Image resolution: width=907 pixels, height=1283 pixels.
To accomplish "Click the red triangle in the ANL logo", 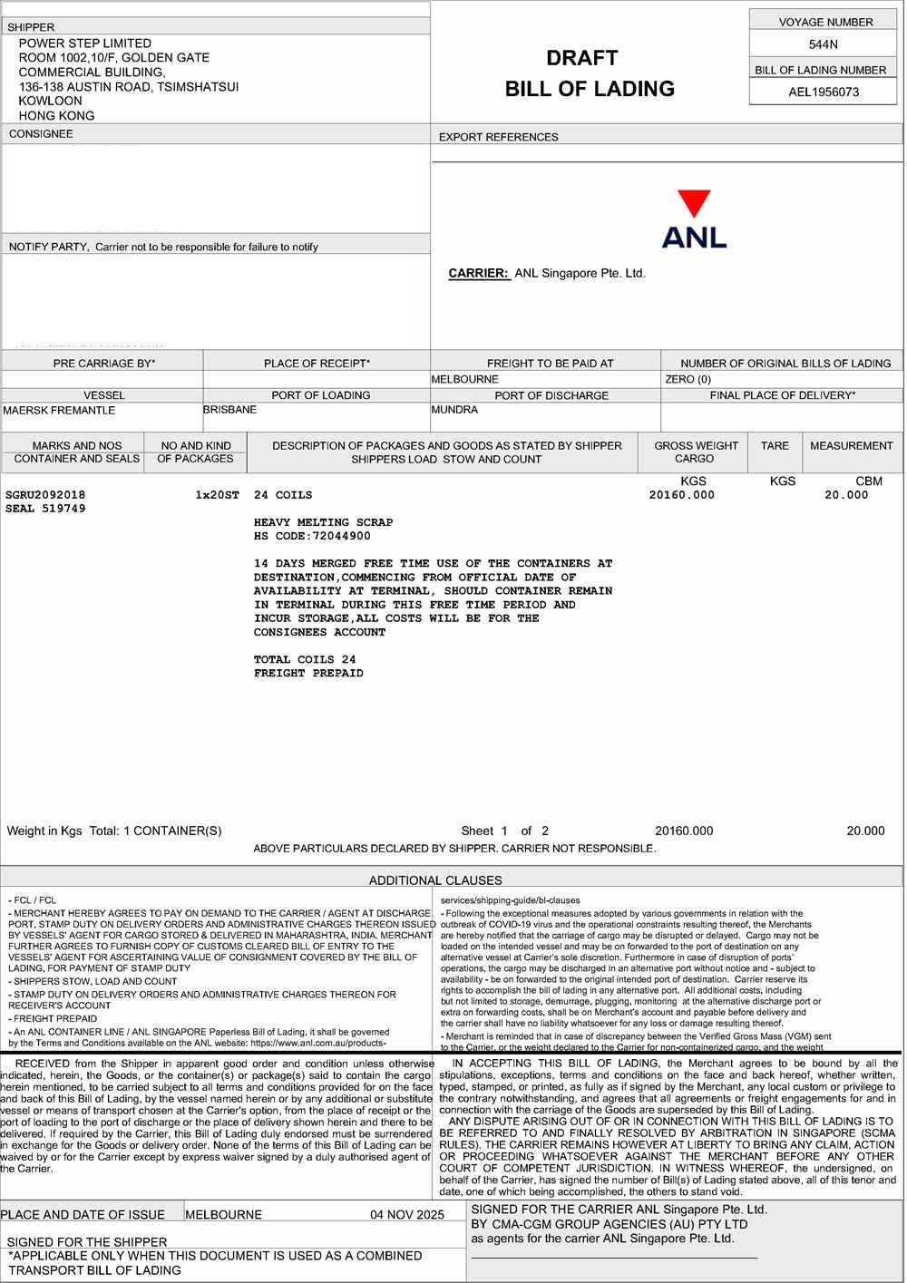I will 694,202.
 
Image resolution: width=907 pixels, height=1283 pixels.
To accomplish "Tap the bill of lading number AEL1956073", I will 824,92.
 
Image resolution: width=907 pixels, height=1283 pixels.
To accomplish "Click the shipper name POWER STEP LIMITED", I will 85,44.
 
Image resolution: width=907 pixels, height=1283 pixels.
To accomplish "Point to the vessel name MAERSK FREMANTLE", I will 60,411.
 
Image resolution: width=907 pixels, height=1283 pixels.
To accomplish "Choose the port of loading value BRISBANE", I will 230,410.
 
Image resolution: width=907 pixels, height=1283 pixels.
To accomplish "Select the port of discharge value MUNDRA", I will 455,410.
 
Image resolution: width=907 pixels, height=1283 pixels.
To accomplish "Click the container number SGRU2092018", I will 45,495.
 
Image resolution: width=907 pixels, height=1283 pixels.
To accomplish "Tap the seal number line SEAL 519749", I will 45,509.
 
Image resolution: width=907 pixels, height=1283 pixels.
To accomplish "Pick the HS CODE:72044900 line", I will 313,536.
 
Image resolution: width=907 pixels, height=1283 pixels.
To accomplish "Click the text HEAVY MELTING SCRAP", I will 324,522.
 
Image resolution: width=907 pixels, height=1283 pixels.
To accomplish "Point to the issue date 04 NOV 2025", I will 407,1215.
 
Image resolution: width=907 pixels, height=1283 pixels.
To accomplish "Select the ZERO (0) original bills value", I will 688,379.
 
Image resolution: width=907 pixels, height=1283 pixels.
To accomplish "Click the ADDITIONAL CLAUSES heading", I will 435,880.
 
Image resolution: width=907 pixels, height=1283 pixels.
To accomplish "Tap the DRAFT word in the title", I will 582,59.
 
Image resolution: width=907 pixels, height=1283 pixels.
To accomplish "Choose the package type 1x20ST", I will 218,495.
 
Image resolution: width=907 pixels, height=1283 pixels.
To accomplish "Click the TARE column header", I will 775,446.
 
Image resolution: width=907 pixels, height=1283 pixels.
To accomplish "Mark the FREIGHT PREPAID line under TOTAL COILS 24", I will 308,674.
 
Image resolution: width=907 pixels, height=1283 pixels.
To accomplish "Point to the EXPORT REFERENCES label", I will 499,138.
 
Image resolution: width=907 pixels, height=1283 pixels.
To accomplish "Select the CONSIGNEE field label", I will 41,134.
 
